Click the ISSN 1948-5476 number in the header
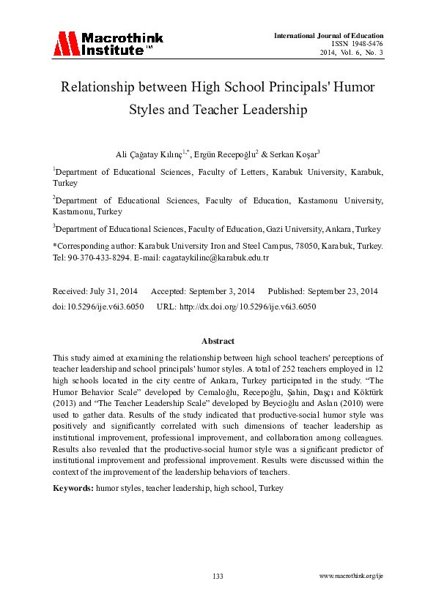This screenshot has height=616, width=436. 363,44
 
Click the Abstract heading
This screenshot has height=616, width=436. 218,342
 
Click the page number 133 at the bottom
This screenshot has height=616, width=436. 218,577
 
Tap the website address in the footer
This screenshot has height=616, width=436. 352,577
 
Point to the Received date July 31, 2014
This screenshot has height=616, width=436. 110,291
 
